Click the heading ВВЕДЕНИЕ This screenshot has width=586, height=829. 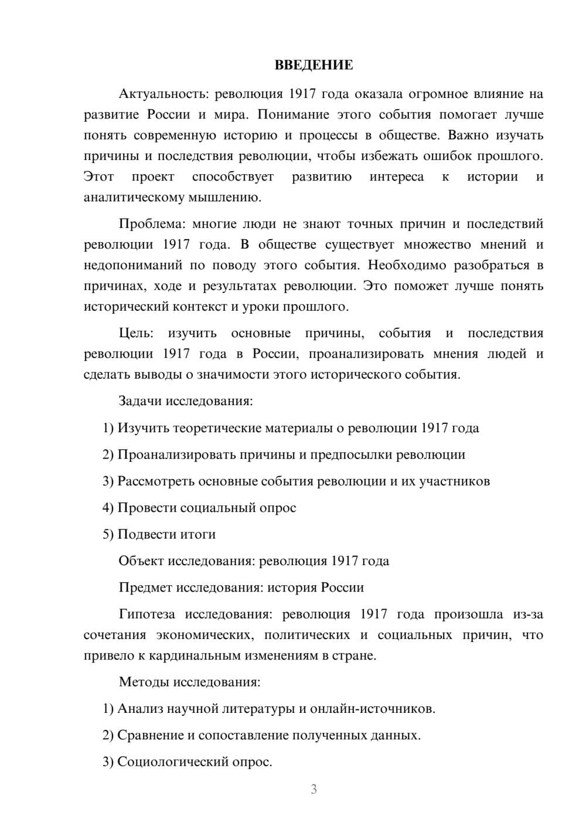click(314, 65)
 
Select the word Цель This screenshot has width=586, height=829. click(136, 334)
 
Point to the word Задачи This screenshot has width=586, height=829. click(140, 402)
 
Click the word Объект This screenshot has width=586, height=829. click(141, 561)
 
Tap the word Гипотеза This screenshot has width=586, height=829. click(146, 614)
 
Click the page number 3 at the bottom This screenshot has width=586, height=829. click(314, 789)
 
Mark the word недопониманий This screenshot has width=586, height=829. click(132, 266)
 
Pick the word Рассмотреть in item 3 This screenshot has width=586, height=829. click(156, 481)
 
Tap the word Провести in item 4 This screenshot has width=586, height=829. click(147, 508)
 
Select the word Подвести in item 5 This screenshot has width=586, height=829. click(146, 535)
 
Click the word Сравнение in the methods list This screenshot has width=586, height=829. click(151, 735)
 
